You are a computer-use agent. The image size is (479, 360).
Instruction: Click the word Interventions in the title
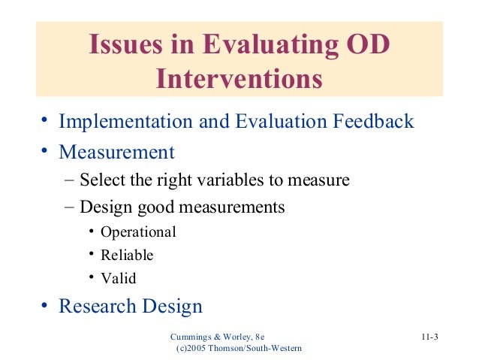[239, 78]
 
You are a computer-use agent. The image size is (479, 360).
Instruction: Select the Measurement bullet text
[116, 153]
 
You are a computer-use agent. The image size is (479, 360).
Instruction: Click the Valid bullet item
[120, 278]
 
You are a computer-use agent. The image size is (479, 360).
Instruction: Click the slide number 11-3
[429, 336]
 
